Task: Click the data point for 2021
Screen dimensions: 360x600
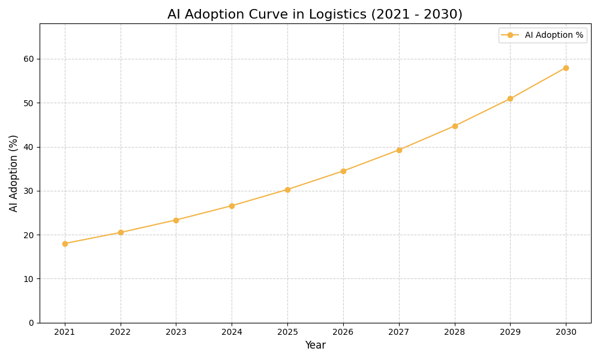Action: tap(65, 244)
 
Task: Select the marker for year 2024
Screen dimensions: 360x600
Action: tap(232, 206)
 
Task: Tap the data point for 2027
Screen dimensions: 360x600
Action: tap(399, 150)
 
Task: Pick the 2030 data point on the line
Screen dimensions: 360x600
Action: tap(566, 68)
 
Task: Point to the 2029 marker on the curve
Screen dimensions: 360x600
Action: tap(510, 99)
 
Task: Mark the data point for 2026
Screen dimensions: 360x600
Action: tap(343, 171)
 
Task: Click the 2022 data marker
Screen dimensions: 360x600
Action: tap(121, 232)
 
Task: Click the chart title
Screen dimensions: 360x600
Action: tap(315, 14)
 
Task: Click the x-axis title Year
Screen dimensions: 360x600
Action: tap(315, 346)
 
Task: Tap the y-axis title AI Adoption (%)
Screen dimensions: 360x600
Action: tap(14, 173)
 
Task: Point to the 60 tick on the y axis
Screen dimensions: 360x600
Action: tap(29, 59)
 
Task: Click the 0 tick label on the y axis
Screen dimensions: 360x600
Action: tap(31, 323)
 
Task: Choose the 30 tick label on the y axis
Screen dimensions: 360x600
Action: tap(29, 191)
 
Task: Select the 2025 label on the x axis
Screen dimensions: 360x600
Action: tap(287, 332)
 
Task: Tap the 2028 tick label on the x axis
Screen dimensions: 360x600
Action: tap(454, 332)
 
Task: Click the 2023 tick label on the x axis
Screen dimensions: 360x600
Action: tap(176, 332)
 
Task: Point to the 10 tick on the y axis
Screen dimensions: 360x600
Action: tap(29, 279)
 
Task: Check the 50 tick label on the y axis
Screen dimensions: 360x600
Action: tap(29, 103)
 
